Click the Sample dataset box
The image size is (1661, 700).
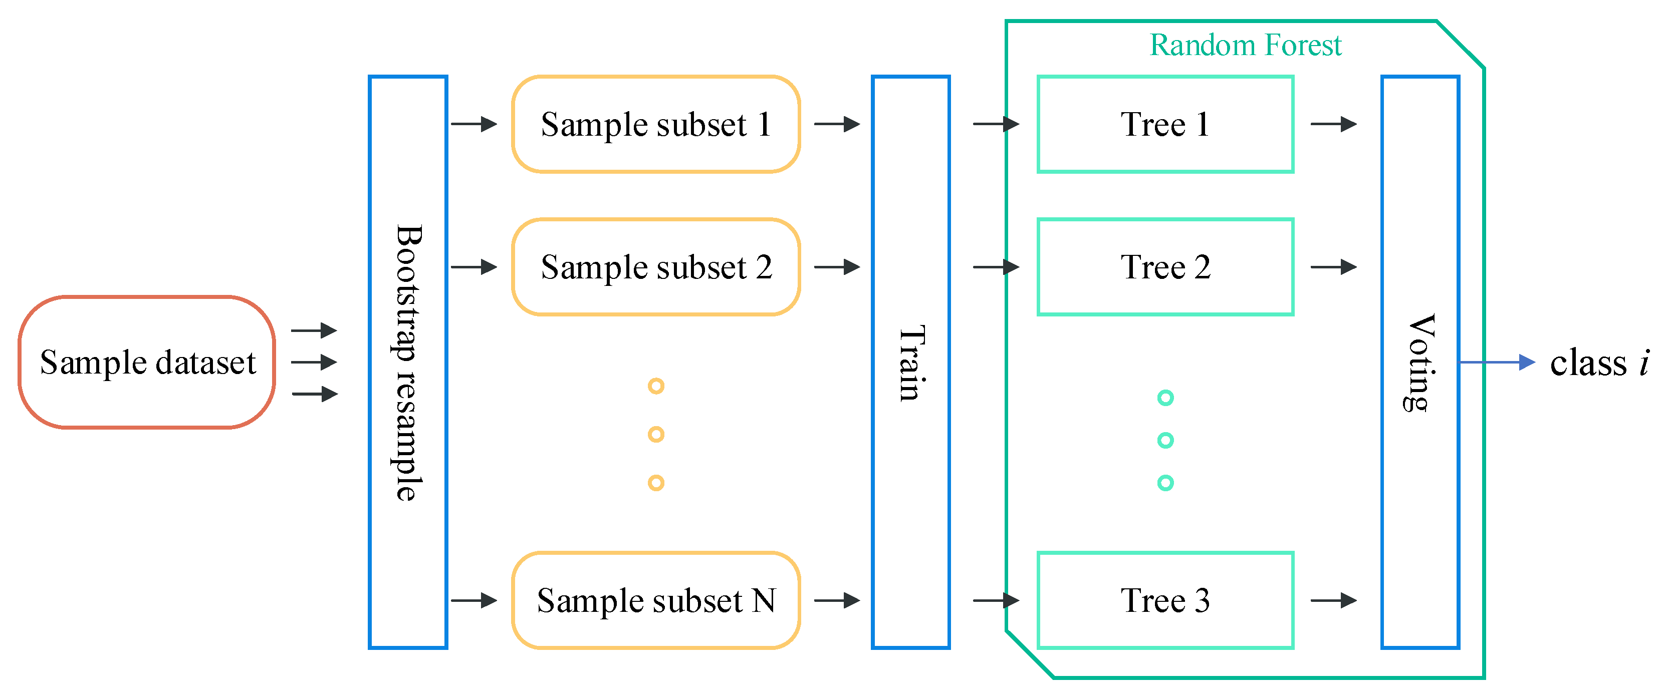point(147,362)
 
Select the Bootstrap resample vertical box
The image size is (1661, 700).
point(407,362)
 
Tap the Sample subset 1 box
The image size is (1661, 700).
point(656,124)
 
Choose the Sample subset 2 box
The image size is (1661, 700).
point(656,267)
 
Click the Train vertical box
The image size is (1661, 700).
point(910,362)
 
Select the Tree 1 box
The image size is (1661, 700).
point(1165,124)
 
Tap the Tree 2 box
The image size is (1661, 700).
point(1165,267)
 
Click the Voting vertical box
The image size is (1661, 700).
point(1420,362)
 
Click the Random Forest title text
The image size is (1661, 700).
point(1245,45)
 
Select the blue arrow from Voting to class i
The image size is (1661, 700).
point(1496,362)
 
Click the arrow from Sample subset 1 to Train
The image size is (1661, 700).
point(837,124)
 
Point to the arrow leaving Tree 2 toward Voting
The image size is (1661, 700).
point(1333,267)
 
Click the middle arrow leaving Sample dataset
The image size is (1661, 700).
point(314,362)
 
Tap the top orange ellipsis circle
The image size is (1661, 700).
point(656,386)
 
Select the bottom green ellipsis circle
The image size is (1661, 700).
point(1165,483)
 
